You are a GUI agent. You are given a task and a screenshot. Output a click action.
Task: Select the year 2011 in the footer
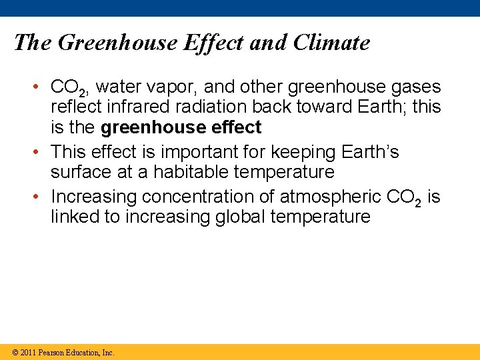click(x=27, y=353)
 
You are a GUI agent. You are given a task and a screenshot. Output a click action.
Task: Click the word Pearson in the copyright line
click(x=52, y=353)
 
